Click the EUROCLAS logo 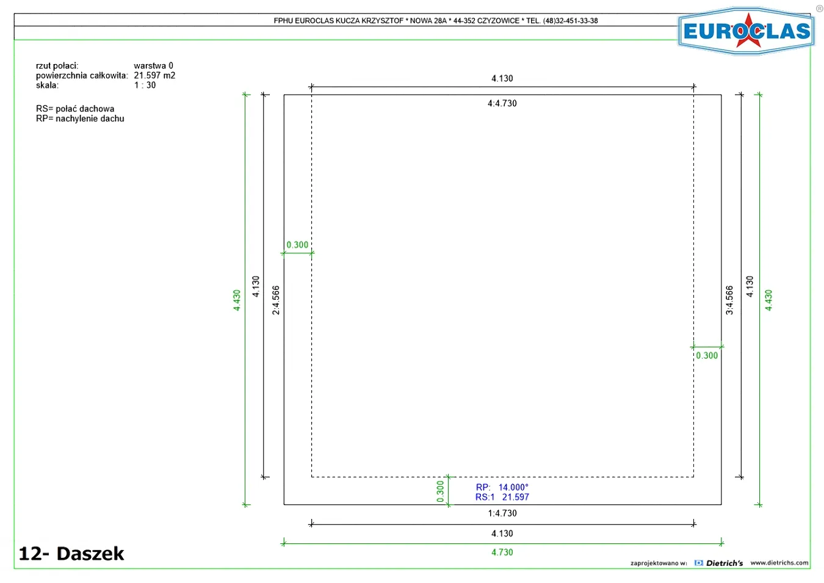[746, 31]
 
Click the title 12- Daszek [71, 554]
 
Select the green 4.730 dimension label [502, 552]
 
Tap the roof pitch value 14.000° [513, 487]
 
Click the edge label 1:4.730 [502, 513]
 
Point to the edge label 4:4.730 [502, 103]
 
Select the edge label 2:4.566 [276, 300]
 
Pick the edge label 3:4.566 [729, 300]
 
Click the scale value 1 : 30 [145, 85]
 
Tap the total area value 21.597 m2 [154, 76]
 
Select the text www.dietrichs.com [779, 563]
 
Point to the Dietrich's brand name [725, 563]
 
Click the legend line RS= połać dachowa [75, 109]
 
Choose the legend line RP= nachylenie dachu [80, 119]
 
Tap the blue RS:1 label [485, 498]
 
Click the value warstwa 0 [153, 66]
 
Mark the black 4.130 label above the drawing [502, 78]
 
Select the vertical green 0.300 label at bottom [440, 491]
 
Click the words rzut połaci [57, 66]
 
